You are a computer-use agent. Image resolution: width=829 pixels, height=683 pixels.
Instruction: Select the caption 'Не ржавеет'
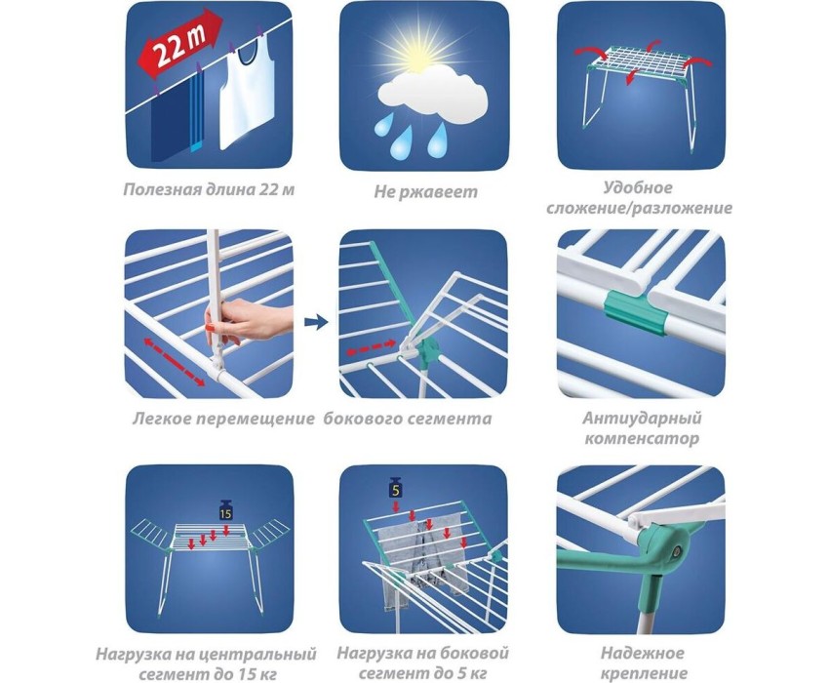425,191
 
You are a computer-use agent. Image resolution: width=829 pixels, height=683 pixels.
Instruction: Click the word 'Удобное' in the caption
638,187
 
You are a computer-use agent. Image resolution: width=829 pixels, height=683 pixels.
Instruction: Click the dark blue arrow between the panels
316,321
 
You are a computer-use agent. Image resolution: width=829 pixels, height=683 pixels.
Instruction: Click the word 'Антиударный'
642,418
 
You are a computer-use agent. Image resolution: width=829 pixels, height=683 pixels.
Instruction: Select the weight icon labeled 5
395,488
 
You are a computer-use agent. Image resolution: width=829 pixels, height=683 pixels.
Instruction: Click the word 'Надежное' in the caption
642,653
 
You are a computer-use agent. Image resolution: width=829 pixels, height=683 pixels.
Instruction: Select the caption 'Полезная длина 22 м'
209,189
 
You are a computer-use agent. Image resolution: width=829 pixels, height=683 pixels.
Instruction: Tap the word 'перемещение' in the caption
255,419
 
